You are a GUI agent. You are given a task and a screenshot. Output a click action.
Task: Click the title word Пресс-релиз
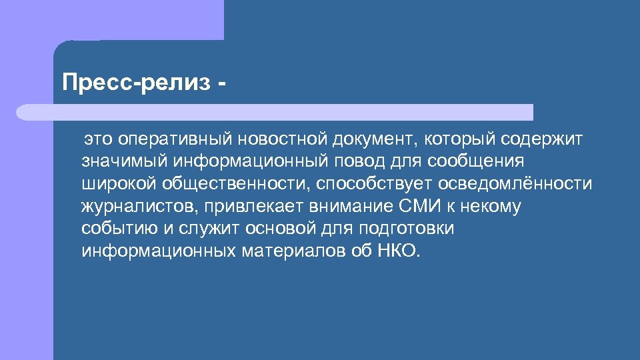(135, 83)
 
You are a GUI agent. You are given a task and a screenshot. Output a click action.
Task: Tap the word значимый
(124, 161)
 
